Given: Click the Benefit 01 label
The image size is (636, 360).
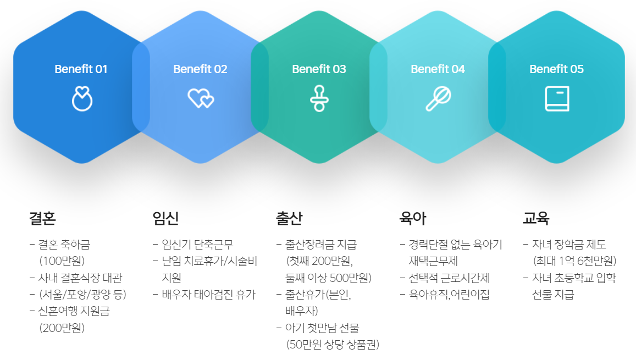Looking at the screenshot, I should pos(81,69).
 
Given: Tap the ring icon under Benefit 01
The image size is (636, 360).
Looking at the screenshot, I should pos(82,98).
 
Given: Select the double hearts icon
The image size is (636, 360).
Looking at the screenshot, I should pos(201,98).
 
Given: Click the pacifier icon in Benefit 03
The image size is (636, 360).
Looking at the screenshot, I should pos(319,98).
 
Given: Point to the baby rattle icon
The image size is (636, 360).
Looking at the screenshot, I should pos(438,98).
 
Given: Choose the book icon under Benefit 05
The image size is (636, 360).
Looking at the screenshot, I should pos(556,98).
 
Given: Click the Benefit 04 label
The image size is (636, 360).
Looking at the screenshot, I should pos(438,69).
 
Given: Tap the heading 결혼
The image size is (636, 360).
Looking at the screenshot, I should pos(42,219).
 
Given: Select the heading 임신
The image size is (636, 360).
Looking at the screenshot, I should pos(165,219).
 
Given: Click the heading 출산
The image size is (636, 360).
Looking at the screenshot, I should pos(289,219).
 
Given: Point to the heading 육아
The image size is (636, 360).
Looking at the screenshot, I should pos(412,219).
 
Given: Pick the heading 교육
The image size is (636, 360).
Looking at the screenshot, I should pos(536,219).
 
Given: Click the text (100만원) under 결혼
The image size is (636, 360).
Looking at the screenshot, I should pos(62,261).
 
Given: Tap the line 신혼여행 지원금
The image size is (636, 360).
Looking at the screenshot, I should pos(74,311).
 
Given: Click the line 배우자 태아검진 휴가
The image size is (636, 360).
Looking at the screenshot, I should pos(208,295).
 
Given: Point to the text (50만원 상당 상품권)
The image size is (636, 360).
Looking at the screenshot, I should pos(333,345).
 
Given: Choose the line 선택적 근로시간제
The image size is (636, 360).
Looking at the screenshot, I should pos(449,278).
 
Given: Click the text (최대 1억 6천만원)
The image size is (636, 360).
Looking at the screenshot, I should pos(574,261).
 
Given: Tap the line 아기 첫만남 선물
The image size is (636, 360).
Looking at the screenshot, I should pos(322,328).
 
